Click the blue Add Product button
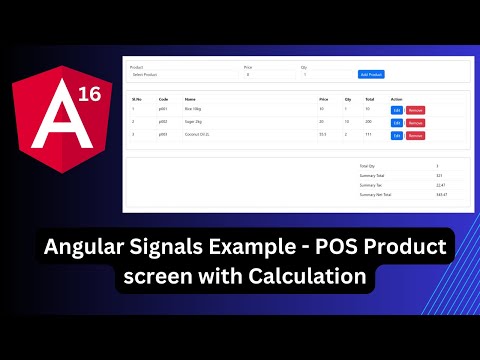coord(371,74)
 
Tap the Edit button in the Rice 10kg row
coord(396,110)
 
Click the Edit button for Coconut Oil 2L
coord(396,135)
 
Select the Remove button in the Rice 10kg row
coord(416,110)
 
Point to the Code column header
coord(163,99)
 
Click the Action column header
coord(397,99)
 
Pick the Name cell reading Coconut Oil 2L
coord(197,135)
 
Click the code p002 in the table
coord(163,122)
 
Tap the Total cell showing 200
coord(369,122)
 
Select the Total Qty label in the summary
coord(368,165)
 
